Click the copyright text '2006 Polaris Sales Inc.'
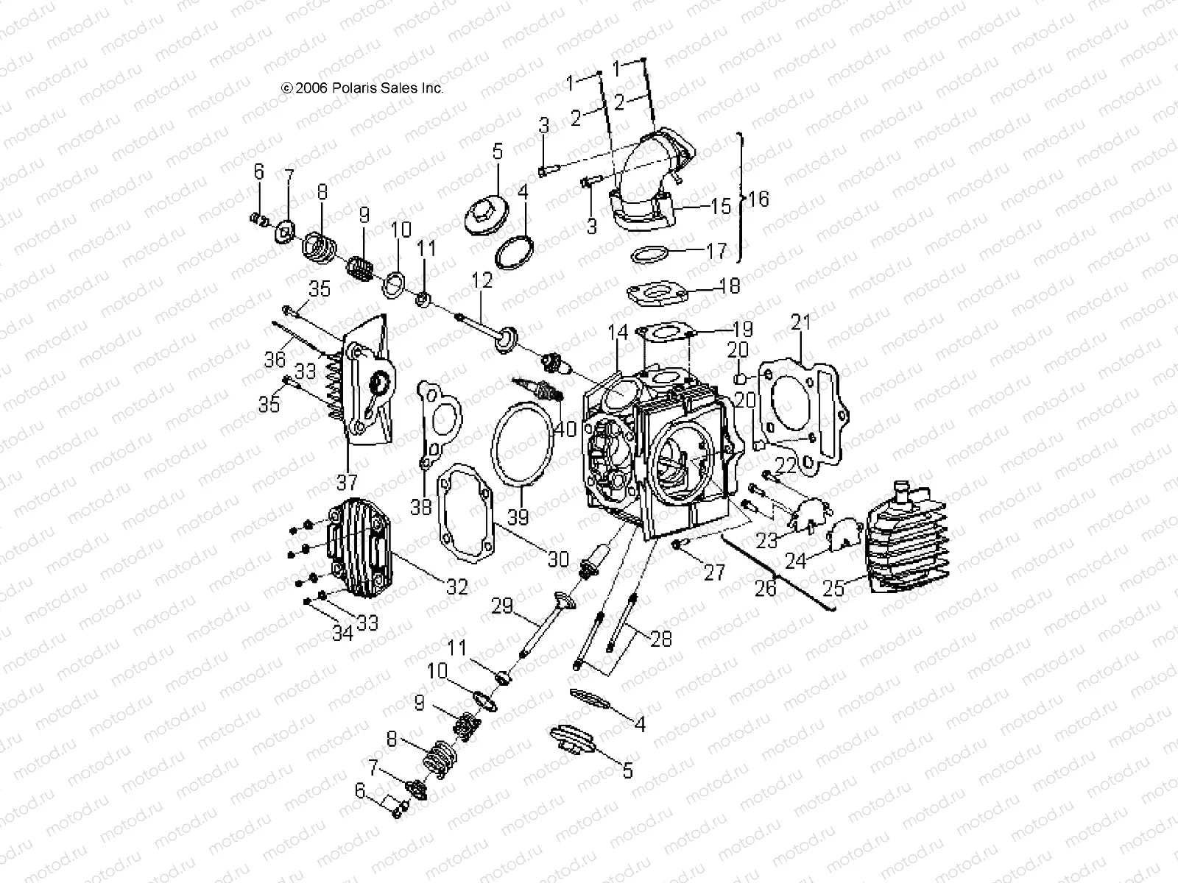pos(362,88)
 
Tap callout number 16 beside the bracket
pos(758,199)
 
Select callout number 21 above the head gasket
pos(801,322)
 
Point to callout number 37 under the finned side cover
pos(346,483)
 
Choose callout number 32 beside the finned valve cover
pos(456,586)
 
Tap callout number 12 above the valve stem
pos(482,280)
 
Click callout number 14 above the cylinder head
pos(618,333)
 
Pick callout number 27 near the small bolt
pos(714,572)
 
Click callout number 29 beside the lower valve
pos(502,608)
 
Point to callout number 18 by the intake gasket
pos(729,285)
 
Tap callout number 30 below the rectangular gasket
pos(558,560)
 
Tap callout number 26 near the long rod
pos(766,587)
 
